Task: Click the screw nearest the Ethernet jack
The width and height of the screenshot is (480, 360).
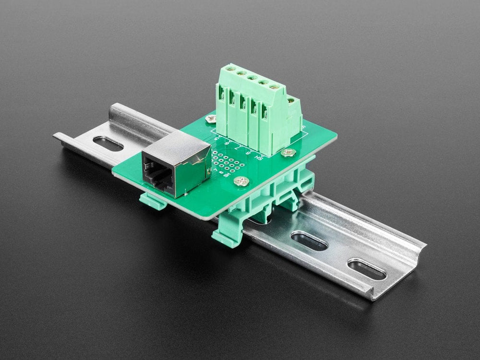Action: [x=241, y=181]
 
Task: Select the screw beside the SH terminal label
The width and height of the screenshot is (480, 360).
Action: [x=288, y=153]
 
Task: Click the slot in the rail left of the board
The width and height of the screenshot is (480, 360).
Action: [x=108, y=143]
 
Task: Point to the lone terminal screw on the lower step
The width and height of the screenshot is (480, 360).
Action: [x=291, y=101]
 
